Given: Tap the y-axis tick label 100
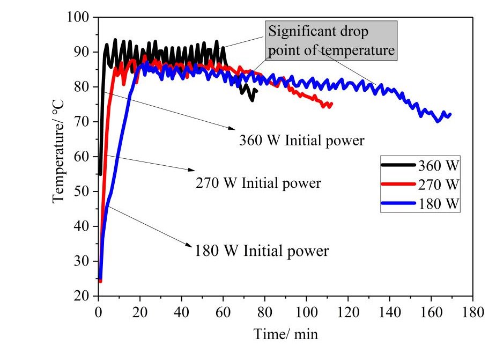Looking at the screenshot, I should point(79,17).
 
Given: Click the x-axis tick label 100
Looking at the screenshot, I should point(307,312).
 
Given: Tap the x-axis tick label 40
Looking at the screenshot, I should point(182,312).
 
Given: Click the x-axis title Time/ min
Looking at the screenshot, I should point(285,334).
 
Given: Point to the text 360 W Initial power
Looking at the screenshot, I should point(301,141).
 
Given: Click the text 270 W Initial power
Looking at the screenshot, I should point(258,183).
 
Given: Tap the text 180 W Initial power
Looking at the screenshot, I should point(262,251).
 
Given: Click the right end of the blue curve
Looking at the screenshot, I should point(450,114).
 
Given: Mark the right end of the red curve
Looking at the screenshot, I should point(331,104).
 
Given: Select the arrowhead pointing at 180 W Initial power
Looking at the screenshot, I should point(191,246).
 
